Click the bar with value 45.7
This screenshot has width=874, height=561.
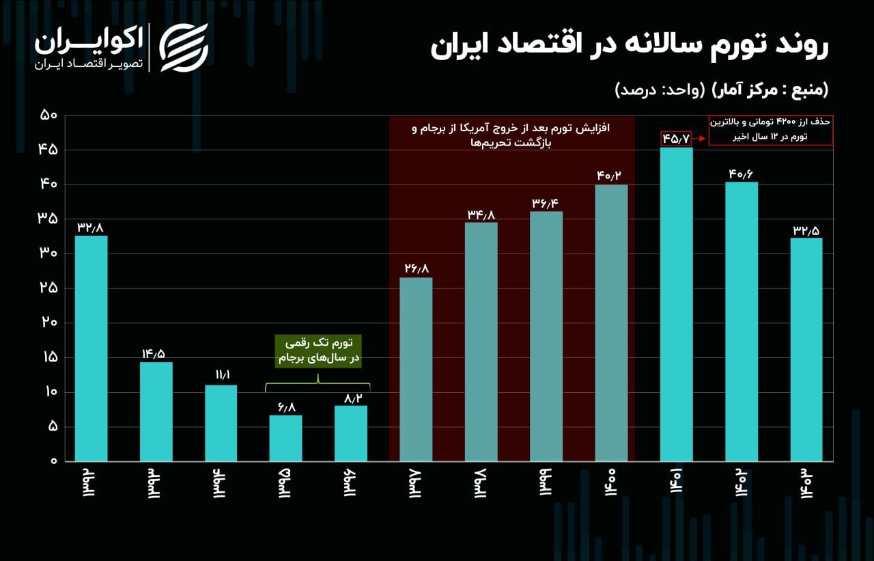point(676,304)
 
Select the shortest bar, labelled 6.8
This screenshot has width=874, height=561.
point(285,438)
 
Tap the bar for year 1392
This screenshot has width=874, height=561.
point(91,348)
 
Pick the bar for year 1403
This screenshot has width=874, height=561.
point(806,349)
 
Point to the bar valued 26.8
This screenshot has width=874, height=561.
point(416,369)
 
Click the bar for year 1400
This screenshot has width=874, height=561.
point(611,323)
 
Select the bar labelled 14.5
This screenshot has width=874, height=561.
point(156,411)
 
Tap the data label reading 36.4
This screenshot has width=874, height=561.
point(547,204)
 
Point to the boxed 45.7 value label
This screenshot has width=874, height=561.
point(676,139)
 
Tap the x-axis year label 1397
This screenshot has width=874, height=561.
point(416,484)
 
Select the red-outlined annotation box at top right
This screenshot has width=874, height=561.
point(770,130)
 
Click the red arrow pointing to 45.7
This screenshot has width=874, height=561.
point(699,139)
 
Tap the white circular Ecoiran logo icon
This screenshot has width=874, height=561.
point(184,47)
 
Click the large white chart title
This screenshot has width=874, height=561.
point(629,47)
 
